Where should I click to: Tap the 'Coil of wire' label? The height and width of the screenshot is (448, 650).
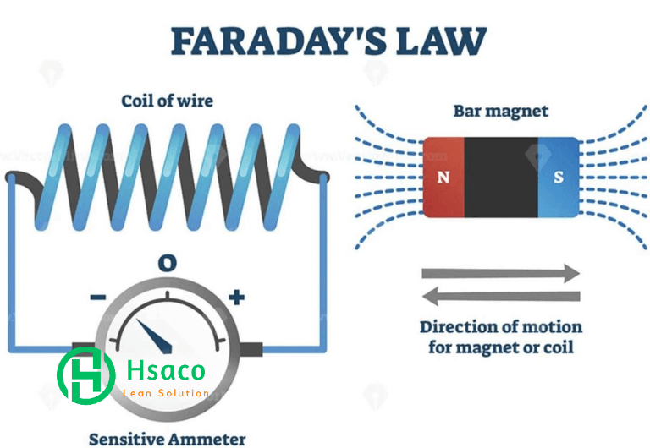(167, 101)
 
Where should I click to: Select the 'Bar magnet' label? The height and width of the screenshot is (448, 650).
(501, 111)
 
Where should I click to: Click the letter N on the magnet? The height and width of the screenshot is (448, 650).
(443, 178)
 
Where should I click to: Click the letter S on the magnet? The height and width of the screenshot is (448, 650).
(559, 178)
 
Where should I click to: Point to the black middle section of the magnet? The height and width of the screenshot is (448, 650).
(501, 178)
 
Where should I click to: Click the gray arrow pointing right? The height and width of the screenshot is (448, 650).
(501, 273)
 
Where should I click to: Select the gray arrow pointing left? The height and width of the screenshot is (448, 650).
(501, 297)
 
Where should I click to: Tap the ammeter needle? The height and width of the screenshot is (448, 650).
(155, 336)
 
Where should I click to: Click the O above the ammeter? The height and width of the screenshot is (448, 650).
(167, 263)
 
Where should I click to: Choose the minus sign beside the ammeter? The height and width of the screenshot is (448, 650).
(98, 297)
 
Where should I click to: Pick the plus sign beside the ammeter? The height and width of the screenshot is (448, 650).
(237, 297)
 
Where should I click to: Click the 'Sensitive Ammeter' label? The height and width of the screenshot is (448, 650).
(167, 440)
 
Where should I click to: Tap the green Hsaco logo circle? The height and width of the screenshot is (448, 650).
(85, 375)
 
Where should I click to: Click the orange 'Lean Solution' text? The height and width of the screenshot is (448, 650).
(166, 393)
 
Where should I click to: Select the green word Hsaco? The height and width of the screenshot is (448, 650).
(166, 369)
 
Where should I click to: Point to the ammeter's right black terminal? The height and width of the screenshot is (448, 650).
(251, 349)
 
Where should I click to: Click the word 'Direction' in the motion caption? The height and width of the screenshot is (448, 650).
(460, 327)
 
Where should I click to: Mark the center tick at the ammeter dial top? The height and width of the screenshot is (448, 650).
(168, 295)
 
